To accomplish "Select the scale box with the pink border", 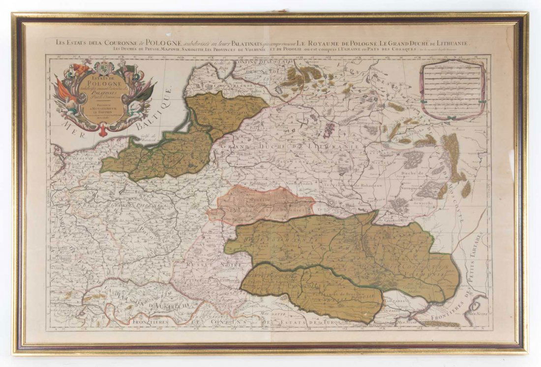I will [x=451, y=90].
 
